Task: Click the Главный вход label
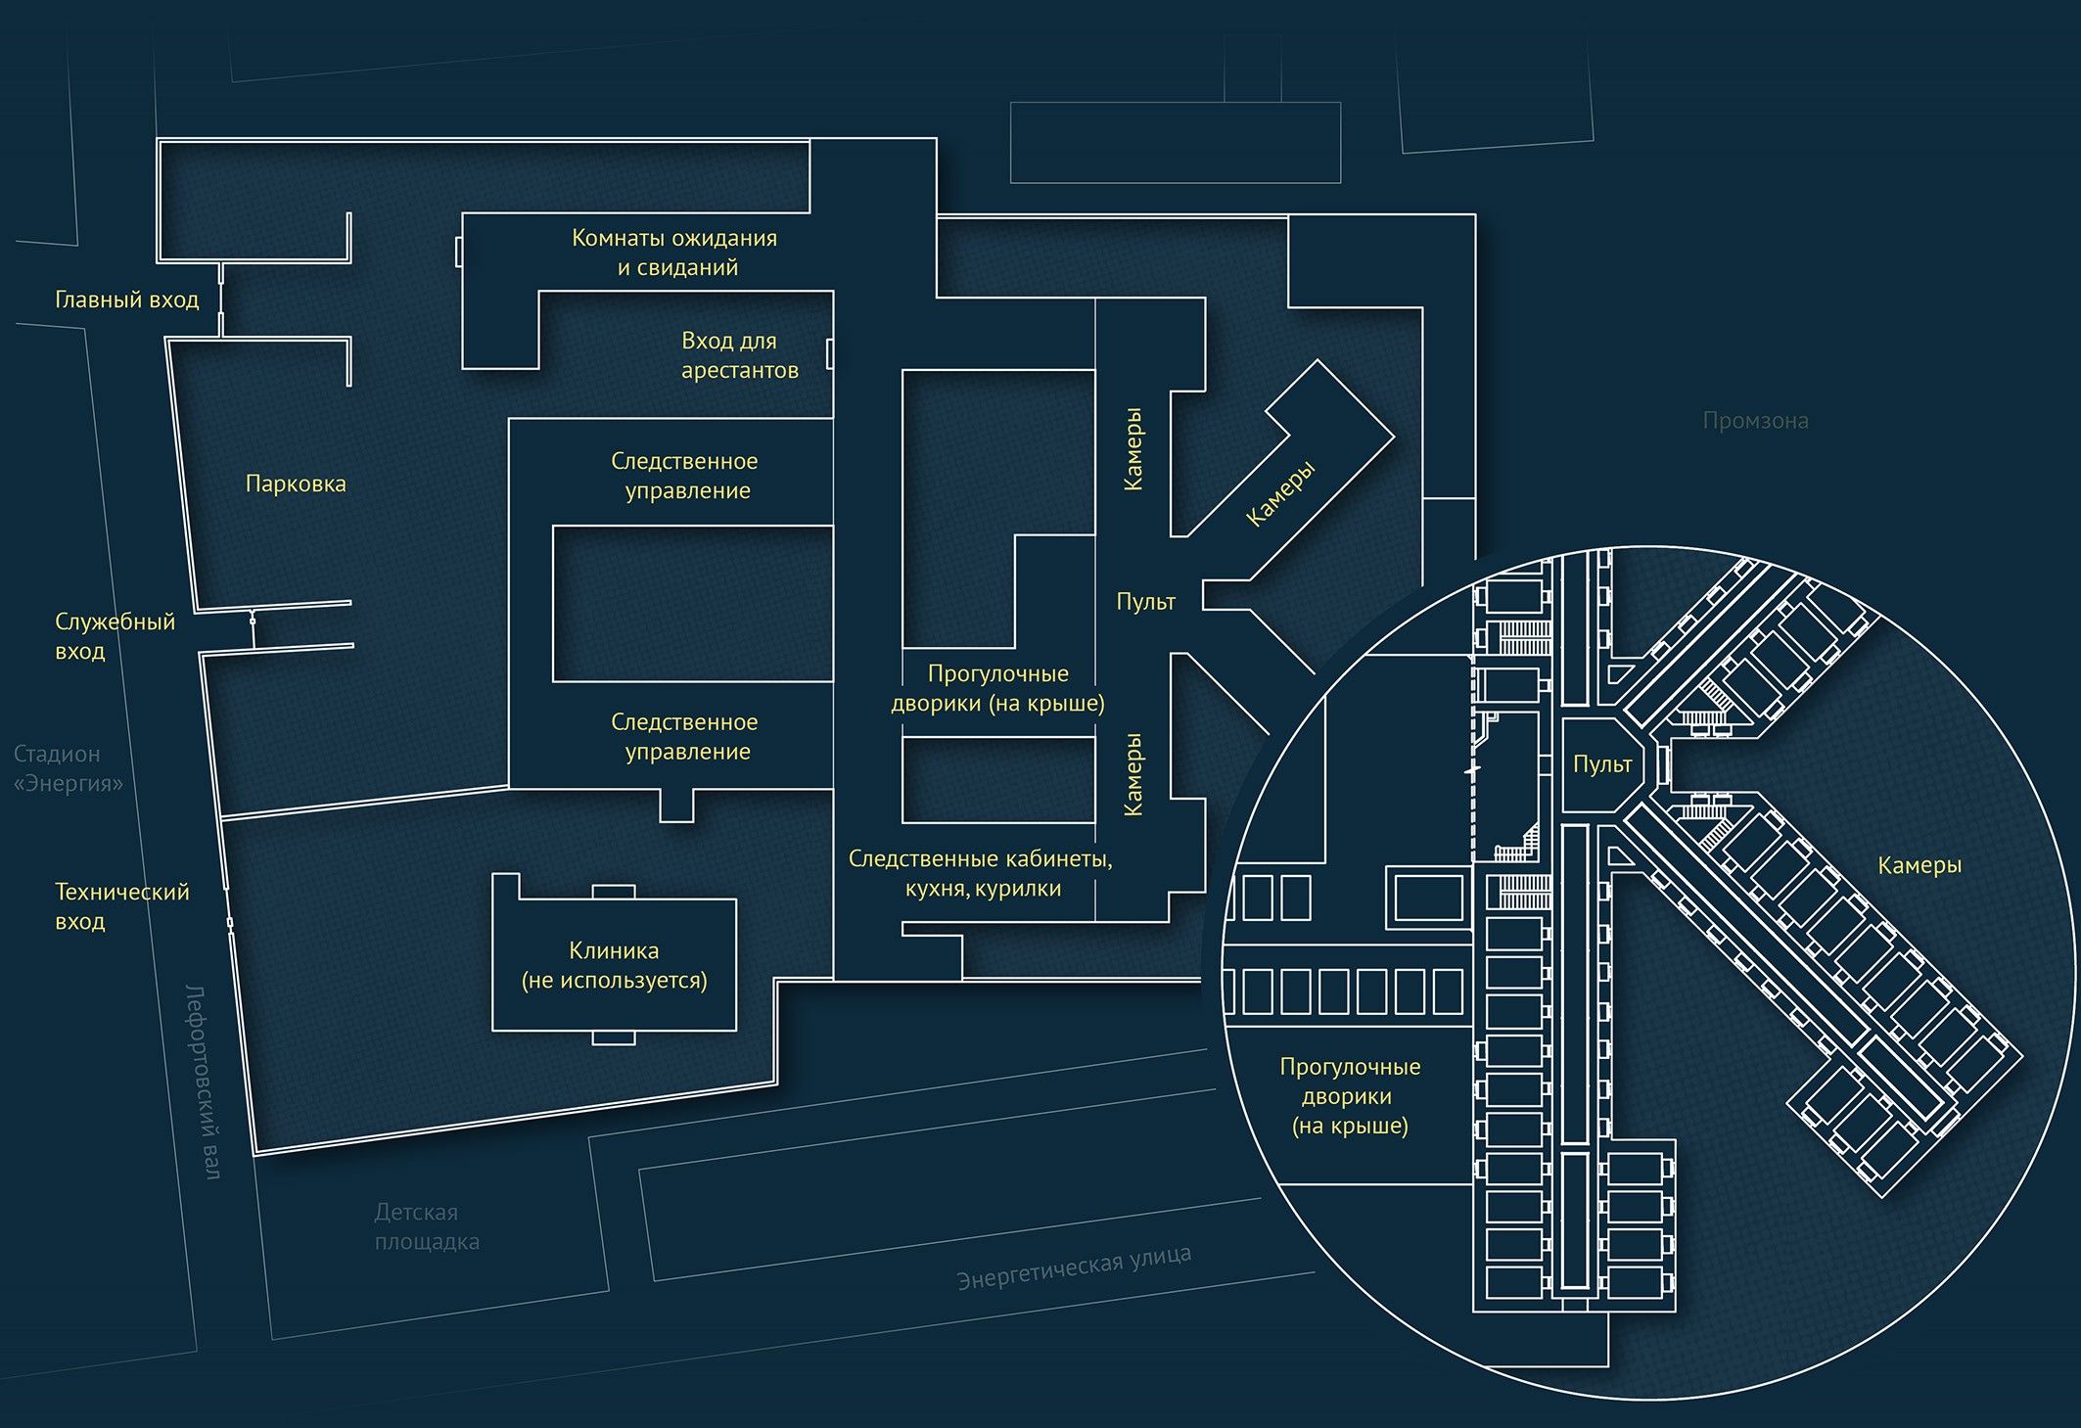pos(126,299)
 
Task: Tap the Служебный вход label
pos(114,636)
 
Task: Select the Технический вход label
pos(121,906)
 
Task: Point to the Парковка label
pos(296,484)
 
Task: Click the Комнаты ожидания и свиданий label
pos(674,253)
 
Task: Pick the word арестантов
pos(740,371)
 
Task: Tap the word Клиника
pos(614,950)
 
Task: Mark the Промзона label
pos(1755,421)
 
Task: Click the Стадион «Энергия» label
pos(68,768)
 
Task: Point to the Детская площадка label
pos(426,1226)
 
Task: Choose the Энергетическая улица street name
pos(1074,1267)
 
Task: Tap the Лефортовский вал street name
pos(203,1082)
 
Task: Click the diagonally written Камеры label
pos(1280,494)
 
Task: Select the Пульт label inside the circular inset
pos(1602,764)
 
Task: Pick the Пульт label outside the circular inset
pos(1145,602)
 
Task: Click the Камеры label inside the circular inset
pos(1919,865)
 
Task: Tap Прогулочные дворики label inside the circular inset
pos(1350,1096)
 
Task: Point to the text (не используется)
pos(614,981)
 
